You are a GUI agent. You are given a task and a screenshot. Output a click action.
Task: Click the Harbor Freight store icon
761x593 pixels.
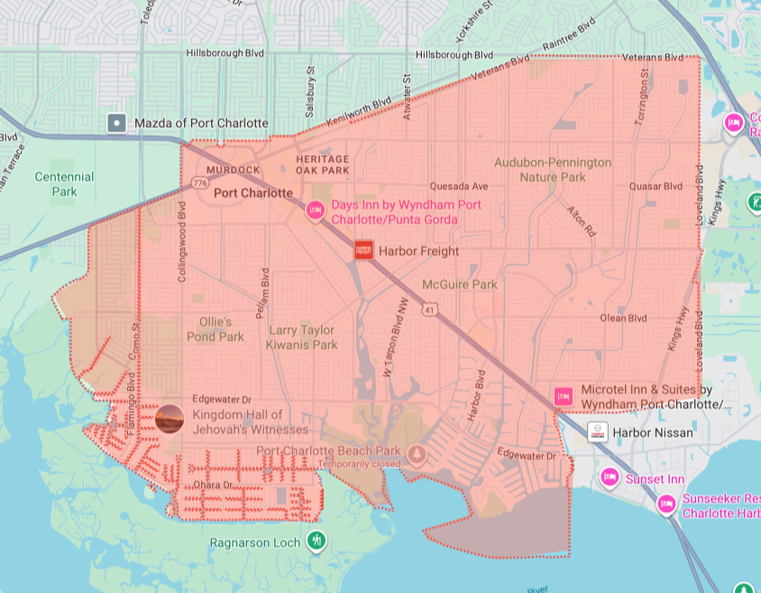point(363,251)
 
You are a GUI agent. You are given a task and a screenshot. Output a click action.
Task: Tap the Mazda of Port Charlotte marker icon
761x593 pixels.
point(116,123)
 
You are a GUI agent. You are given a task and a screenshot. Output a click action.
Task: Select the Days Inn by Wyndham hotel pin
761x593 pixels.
point(315,211)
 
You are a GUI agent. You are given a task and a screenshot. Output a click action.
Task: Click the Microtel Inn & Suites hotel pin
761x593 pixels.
point(564,396)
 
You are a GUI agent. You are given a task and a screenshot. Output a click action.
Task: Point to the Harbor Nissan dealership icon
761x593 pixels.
point(597,433)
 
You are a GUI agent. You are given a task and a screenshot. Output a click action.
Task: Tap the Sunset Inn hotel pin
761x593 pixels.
point(610,477)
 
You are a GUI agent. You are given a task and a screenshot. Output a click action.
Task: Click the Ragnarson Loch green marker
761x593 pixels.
point(316,541)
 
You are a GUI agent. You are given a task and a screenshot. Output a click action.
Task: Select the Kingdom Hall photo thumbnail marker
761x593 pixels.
point(170,419)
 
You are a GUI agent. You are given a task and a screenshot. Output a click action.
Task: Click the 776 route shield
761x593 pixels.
point(199,184)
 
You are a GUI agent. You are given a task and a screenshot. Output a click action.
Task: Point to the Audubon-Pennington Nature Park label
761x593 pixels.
point(553,169)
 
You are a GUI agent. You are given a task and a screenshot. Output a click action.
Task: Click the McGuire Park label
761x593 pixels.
point(459,285)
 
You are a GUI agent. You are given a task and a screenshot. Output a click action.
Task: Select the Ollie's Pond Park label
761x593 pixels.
point(215,329)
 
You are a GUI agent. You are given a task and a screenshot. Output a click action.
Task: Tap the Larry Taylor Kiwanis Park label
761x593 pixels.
point(302,337)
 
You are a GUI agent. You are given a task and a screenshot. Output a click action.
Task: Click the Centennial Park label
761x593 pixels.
point(64,184)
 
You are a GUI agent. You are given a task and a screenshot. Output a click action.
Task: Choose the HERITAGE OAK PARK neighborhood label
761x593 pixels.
point(322,164)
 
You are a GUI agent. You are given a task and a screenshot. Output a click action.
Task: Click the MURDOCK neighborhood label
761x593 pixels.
point(233,169)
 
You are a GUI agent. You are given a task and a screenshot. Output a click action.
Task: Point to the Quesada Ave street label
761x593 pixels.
point(458,187)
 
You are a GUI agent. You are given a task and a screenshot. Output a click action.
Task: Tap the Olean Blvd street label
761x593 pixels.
point(624,318)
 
